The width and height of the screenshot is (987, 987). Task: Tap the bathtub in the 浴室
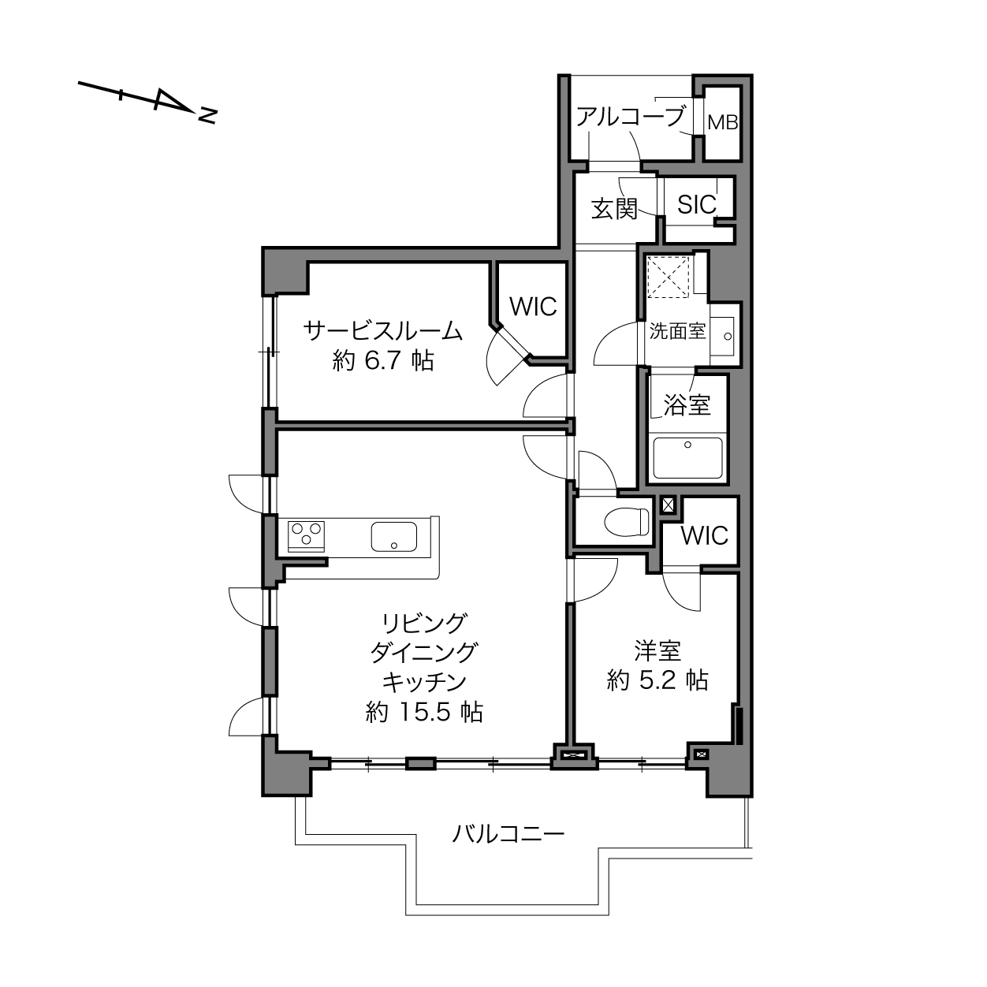tap(687, 457)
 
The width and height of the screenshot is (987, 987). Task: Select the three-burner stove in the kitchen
tap(307, 536)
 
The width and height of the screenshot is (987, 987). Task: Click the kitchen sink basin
tap(393, 536)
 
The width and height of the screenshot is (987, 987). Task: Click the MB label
tap(723, 123)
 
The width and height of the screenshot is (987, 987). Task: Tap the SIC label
tap(697, 205)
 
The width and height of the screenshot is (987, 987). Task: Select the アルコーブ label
tap(631, 117)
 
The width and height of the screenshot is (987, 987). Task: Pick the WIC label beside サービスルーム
tap(533, 307)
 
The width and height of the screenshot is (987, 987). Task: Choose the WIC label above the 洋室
tap(705, 536)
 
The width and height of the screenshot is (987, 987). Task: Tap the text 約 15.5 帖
tap(424, 713)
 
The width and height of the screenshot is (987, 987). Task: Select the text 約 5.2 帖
tap(657, 680)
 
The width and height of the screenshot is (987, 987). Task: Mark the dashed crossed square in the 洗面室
tap(669, 277)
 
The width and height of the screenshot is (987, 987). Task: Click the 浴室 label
tap(687, 404)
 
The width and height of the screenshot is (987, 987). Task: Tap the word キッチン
tap(424, 682)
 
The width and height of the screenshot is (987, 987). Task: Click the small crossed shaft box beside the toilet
tap(668, 506)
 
